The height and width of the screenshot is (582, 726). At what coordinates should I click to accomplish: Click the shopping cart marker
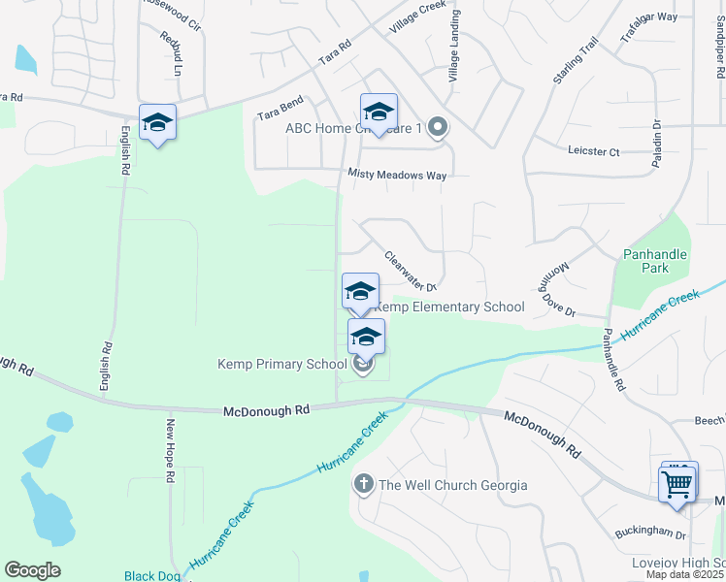point(676,481)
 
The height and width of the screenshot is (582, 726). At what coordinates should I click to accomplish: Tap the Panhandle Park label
point(654,261)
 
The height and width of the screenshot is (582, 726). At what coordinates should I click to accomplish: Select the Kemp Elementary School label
point(449,307)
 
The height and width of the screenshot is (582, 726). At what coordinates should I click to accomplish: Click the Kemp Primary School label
point(281,365)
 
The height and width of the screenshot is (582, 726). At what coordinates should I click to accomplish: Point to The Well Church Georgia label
point(452,485)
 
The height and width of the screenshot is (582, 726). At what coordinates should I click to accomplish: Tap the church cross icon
point(364,483)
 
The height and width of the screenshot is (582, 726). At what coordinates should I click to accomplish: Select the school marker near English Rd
point(157,123)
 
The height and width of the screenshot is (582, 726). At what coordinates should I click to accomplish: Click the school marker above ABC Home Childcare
point(379,112)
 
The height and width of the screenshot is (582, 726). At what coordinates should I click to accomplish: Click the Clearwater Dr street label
point(411,272)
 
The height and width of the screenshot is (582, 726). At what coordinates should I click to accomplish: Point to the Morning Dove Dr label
point(556,294)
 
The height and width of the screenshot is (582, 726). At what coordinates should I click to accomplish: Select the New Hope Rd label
point(170,450)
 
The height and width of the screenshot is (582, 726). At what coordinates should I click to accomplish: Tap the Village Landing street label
point(453,47)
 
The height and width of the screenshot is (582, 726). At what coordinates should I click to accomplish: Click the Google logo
point(32,569)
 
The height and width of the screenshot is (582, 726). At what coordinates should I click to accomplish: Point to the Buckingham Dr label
point(650,533)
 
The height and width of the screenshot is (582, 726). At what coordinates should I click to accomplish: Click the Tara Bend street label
point(280,108)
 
